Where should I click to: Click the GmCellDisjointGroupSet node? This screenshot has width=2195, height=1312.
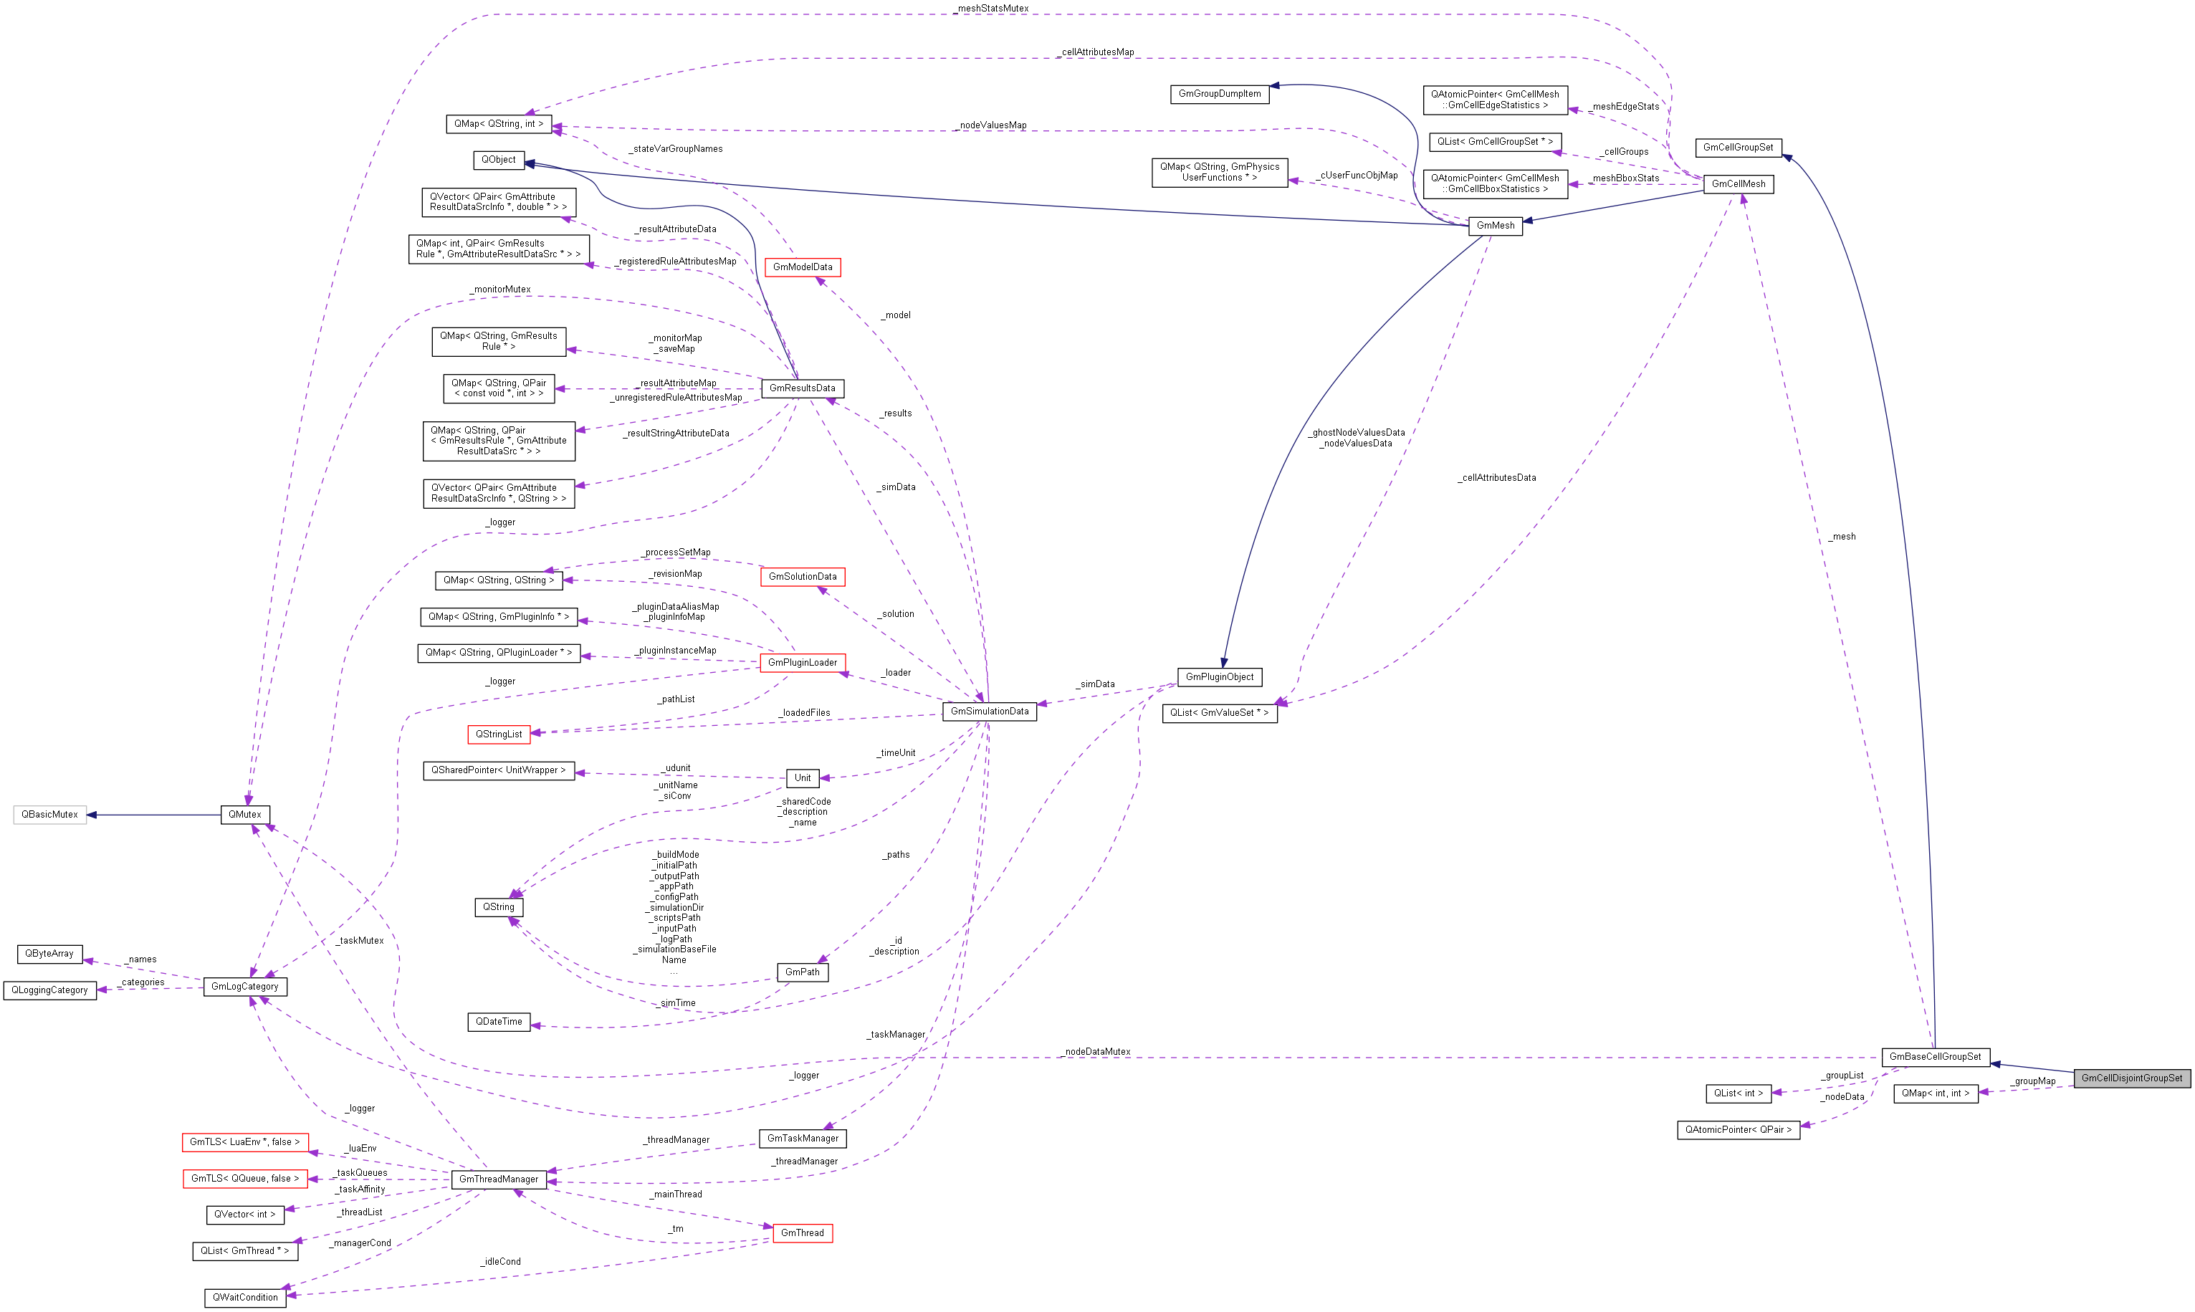[2131, 1078]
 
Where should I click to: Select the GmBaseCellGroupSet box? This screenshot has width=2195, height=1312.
[1934, 1056]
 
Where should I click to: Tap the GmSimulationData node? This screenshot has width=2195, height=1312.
[988, 711]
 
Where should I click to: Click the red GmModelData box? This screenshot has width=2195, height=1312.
[802, 267]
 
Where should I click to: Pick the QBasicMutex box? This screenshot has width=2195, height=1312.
[49, 814]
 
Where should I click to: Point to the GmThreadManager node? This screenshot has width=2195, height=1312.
[499, 1179]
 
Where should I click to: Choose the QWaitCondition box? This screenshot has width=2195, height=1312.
[245, 1297]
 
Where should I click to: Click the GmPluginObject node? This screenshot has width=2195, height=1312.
[1219, 677]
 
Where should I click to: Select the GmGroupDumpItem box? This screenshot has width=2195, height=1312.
[1219, 94]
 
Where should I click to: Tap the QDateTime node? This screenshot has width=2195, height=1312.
[499, 1021]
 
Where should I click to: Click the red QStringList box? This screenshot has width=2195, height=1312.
[499, 734]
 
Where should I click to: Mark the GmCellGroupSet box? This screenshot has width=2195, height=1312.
[1737, 148]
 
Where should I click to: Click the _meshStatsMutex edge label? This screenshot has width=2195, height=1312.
[992, 8]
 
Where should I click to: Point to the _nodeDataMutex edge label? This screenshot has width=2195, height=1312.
[1096, 1051]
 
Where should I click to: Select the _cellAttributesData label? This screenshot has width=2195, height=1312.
[1496, 477]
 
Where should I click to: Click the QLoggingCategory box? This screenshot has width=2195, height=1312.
[49, 990]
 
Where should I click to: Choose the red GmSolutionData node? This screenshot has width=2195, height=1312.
[802, 576]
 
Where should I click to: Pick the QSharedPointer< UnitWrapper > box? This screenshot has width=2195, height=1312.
[499, 770]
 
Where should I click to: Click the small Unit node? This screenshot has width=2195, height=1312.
[802, 778]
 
